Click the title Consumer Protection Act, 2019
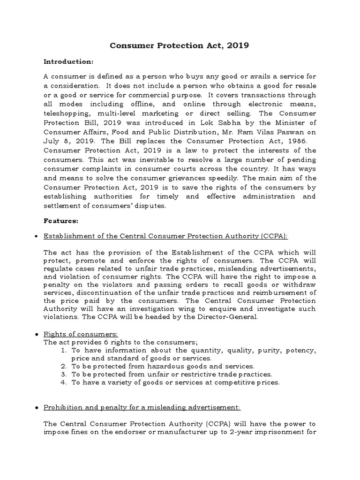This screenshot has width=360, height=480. tap(180, 45)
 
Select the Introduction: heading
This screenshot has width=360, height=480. tap(68, 61)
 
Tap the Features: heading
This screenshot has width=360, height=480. tap(61, 220)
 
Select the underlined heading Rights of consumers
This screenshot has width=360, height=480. tap(81, 334)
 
